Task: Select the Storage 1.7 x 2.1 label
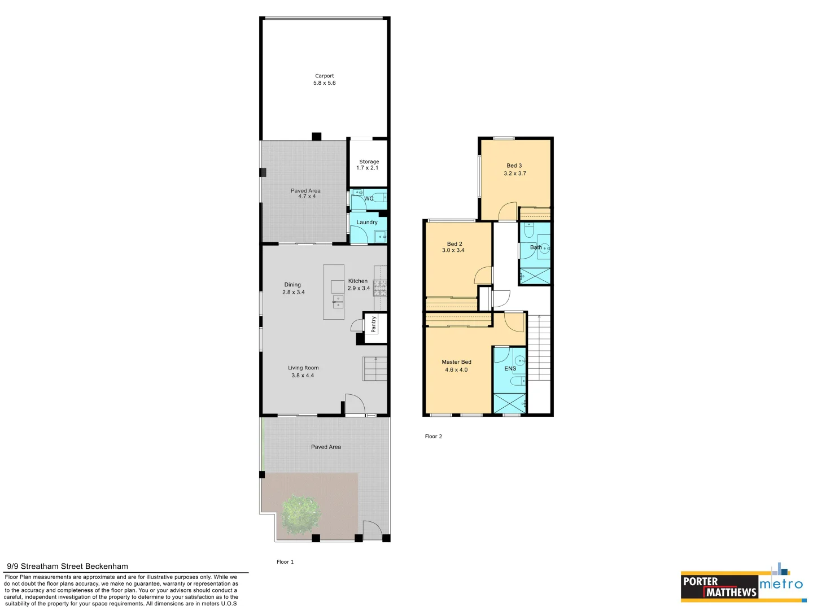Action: (x=369, y=165)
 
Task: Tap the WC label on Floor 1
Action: (x=369, y=199)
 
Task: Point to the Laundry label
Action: (x=367, y=223)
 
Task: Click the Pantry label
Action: (x=374, y=324)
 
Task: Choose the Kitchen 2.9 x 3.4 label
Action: (x=359, y=285)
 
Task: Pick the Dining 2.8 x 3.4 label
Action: (x=293, y=289)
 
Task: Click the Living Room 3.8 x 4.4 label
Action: (x=303, y=372)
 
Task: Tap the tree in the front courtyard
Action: (x=301, y=514)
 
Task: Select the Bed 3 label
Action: (x=514, y=169)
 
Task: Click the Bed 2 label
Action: (x=454, y=247)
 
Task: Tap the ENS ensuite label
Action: (x=510, y=369)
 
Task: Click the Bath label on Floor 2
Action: (x=536, y=247)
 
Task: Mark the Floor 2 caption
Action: (x=434, y=437)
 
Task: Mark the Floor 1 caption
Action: (x=285, y=562)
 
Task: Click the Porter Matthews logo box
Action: (x=719, y=587)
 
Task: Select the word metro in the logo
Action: (x=781, y=584)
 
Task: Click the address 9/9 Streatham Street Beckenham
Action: (x=68, y=566)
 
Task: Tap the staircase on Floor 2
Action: (x=539, y=348)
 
